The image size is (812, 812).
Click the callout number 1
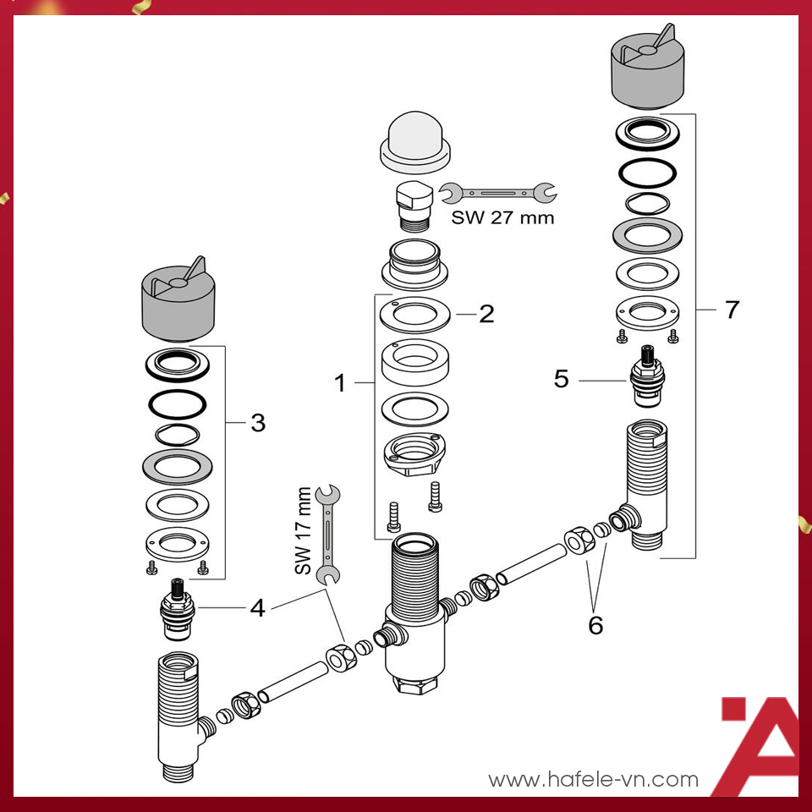tap(340, 384)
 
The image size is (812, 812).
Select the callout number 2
tap(486, 314)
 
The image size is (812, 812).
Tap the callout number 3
tap(258, 422)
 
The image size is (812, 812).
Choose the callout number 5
tap(562, 379)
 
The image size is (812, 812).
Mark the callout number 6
tap(595, 625)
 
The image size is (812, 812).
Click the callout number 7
tap(731, 310)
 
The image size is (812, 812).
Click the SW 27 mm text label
tap(502, 217)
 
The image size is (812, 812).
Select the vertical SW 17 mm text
tap(304, 532)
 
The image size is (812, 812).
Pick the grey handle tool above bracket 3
tap(178, 300)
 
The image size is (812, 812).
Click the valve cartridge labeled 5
tap(649, 372)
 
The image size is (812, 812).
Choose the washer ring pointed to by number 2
tap(414, 315)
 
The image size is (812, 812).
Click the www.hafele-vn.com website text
tap(594, 779)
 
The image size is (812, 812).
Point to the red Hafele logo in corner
tap(760, 744)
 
